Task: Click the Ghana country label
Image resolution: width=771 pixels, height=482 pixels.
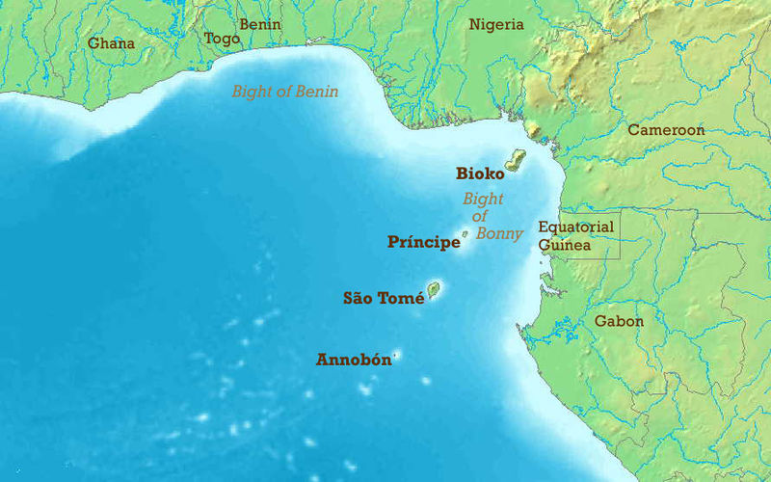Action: (111, 43)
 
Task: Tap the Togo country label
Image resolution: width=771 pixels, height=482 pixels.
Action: (222, 39)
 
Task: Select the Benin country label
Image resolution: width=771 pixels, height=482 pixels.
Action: (259, 24)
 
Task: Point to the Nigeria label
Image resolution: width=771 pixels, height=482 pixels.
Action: (496, 25)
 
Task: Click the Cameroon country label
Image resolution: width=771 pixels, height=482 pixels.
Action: (666, 130)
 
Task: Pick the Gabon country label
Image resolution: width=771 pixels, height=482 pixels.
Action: (618, 321)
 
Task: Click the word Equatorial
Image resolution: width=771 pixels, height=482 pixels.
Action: (575, 228)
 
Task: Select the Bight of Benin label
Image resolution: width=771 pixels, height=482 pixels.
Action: (284, 93)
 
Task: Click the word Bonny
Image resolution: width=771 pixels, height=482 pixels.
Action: (499, 233)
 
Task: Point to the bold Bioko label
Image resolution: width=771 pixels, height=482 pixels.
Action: (480, 174)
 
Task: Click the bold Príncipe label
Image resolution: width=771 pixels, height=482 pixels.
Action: (423, 242)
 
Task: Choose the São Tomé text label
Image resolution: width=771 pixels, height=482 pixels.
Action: (384, 299)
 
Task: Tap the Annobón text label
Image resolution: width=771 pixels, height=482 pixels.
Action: (354, 361)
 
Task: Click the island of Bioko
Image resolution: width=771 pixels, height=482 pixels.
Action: (517, 160)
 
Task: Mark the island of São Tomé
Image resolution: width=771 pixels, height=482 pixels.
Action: (434, 288)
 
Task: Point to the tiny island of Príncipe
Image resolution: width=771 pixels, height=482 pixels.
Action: (465, 233)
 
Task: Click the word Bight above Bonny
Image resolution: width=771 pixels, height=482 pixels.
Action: (483, 200)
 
